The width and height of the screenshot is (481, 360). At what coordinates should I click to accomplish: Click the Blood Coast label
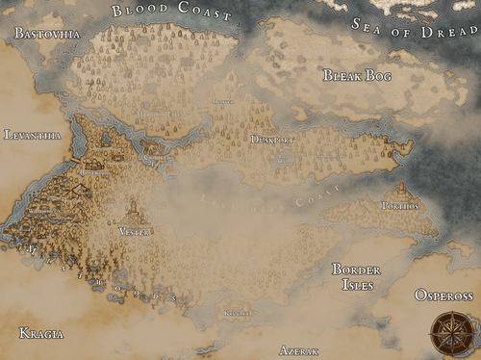click(x=171, y=13)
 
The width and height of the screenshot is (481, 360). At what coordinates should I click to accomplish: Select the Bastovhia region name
click(x=47, y=34)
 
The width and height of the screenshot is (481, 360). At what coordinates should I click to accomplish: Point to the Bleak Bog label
click(x=358, y=75)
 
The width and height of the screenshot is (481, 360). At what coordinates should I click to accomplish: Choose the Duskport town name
click(x=271, y=140)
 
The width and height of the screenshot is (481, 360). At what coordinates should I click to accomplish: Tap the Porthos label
click(x=400, y=205)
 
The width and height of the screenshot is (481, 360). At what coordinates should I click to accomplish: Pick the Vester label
click(x=134, y=231)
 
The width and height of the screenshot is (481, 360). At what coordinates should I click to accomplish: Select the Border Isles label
click(x=356, y=277)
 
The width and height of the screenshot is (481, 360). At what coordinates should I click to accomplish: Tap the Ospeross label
click(x=443, y=295)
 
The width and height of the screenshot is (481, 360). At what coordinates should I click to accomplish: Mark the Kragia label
click(x=41, y=333)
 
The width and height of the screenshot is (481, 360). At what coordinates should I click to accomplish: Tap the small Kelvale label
click(x=236, y=312)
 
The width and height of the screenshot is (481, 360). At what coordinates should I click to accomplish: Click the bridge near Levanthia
click(x=73, y=158)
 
